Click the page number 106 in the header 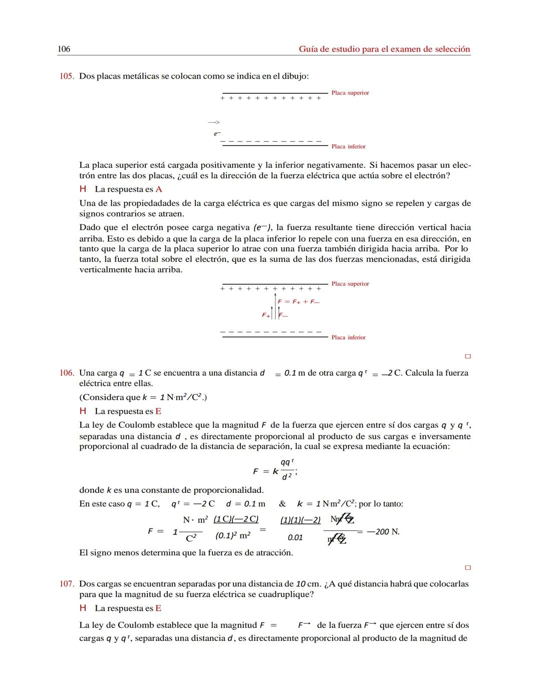[64, 49]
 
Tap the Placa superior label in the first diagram [350, 93]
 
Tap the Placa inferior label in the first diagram [348, 147]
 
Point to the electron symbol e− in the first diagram [217, 134]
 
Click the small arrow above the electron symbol [214, 122]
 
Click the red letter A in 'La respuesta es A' [159, 189]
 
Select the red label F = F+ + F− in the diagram [299, 302]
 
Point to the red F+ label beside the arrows [266, 315]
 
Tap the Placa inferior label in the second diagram [348, 338]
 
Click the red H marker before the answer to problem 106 [83, 411]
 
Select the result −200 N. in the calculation [383, 531]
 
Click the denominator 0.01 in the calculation [295, 537]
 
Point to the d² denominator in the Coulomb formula [286, 477]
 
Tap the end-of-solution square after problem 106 [468, 568]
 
